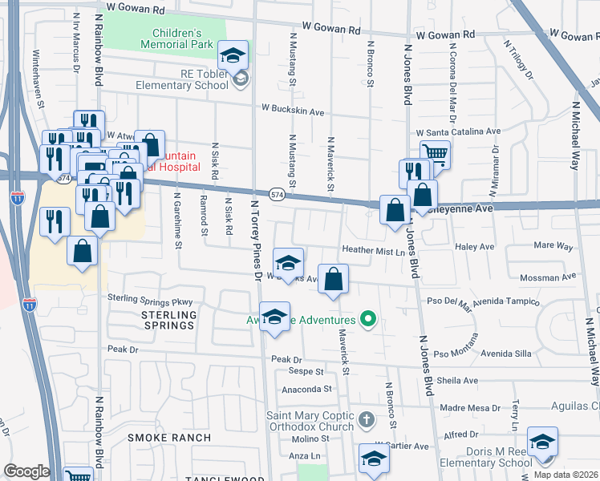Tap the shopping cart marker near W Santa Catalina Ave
click(x=435, y=153)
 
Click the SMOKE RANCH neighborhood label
click(x=169, y=438)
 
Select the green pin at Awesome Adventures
click(x=369, y=319)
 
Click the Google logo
click(x=26, y=471)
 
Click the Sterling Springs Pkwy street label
click(x=152, y=299)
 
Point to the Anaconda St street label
click(x=306, y=390)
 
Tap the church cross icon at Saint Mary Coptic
click(x=366, y=419)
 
